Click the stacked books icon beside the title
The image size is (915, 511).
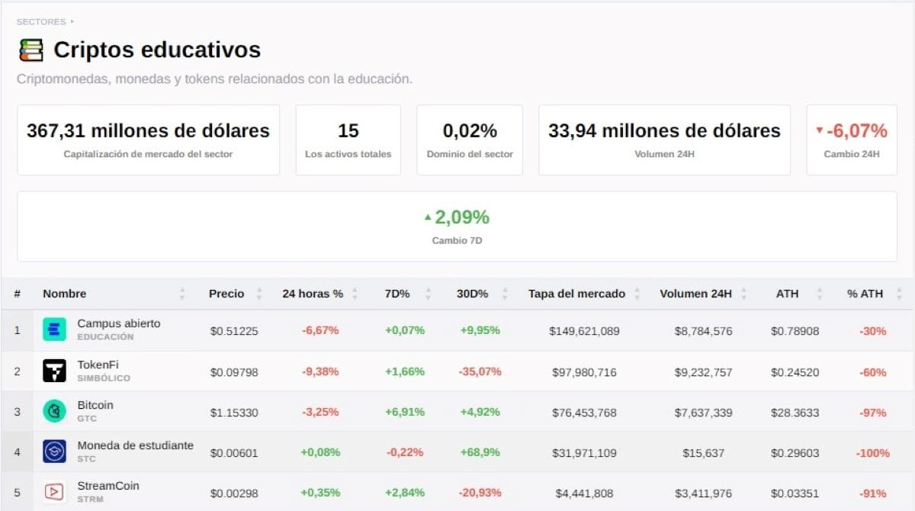point(31,50)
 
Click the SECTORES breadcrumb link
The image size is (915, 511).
point(41,21)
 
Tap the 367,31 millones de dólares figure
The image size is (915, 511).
point(148,130)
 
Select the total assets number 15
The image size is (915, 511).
point(348,130)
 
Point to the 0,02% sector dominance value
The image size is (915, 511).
point(470,130)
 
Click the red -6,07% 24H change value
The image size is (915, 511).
point(856,130)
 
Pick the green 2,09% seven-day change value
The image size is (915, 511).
point(462,217)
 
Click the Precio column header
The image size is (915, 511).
point(226,294)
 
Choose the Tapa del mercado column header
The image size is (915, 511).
point(576,294)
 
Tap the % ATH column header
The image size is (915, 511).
point(865,294)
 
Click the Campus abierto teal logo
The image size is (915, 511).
point(54,329)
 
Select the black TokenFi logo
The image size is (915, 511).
point(54,371)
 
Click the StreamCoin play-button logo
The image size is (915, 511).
point(54,492)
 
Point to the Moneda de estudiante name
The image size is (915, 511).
point(135,445)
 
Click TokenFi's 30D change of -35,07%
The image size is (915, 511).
point(480,371)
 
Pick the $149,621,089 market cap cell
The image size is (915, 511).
point(584,331)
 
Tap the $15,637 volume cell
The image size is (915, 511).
point(703,453)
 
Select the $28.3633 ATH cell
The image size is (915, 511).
point(795,413)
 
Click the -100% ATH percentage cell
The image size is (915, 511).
point(873,453)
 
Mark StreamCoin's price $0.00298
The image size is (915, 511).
point(234,493)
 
